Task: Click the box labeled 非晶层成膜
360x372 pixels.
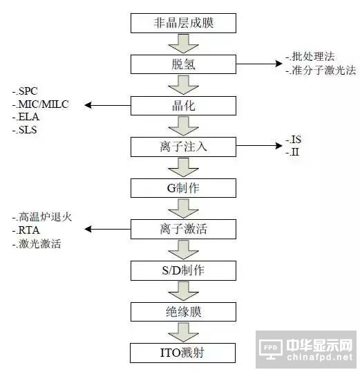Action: tap(183, 23)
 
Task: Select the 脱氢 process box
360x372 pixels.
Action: tap(183, 64)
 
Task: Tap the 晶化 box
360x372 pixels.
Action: tap(183, 106)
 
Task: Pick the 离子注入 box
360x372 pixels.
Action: tap(183, 147)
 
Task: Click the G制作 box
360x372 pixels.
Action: tap(183, 188)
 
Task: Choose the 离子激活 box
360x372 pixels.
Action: tap(183, 229)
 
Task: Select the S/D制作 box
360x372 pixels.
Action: tap(183, 270)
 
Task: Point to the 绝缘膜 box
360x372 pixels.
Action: tap(183, 312)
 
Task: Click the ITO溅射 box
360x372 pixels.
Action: tap(182, 353)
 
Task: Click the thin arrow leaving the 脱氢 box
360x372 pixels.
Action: tap(259, 64)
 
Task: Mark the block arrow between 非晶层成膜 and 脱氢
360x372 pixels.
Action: tap(183, 44)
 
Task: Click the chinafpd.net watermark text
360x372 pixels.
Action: tap(320, 357)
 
